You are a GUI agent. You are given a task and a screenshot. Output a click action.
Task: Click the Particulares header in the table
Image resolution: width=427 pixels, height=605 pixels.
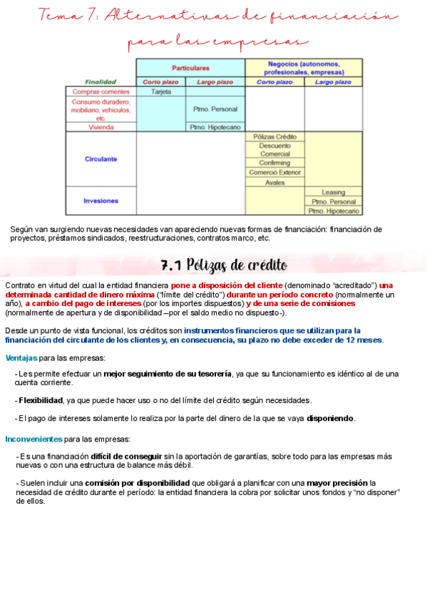[190, 68]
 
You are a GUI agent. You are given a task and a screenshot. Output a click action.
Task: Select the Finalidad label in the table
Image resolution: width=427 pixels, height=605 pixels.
[101, 82]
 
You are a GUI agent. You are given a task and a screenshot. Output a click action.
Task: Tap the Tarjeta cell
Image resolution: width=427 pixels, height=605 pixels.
[161, 92]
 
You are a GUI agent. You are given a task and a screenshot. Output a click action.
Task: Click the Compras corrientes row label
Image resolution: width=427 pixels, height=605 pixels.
[101, 92]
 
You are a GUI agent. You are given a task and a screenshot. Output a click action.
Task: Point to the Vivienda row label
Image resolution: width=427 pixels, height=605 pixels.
[101, 127]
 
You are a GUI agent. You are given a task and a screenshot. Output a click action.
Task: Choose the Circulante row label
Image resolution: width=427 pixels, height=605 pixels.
[101, 159]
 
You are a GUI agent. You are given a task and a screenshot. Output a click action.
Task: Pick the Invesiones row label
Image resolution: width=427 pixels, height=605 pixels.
[101, 200]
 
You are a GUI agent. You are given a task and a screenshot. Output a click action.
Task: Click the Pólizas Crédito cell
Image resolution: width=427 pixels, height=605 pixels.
[275, 136]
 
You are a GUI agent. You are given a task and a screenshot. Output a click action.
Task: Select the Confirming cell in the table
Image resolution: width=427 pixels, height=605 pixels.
[275, 163]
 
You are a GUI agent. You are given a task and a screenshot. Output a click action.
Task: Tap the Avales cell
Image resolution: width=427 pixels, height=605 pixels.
[275, 183]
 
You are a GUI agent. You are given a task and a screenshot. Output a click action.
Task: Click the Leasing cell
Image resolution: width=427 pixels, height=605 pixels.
[334, 193]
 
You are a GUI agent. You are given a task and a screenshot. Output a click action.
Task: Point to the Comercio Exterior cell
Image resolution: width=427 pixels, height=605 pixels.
[275, 173]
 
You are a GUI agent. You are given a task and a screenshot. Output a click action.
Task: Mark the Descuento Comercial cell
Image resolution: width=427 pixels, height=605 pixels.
[275, 150]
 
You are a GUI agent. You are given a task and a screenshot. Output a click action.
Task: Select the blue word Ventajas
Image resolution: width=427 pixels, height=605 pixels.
[21, 357]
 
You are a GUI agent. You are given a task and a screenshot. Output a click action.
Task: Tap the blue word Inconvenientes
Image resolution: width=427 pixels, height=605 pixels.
[34, 439]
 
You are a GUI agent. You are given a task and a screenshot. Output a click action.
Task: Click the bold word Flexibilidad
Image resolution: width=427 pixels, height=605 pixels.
[41, 400]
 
